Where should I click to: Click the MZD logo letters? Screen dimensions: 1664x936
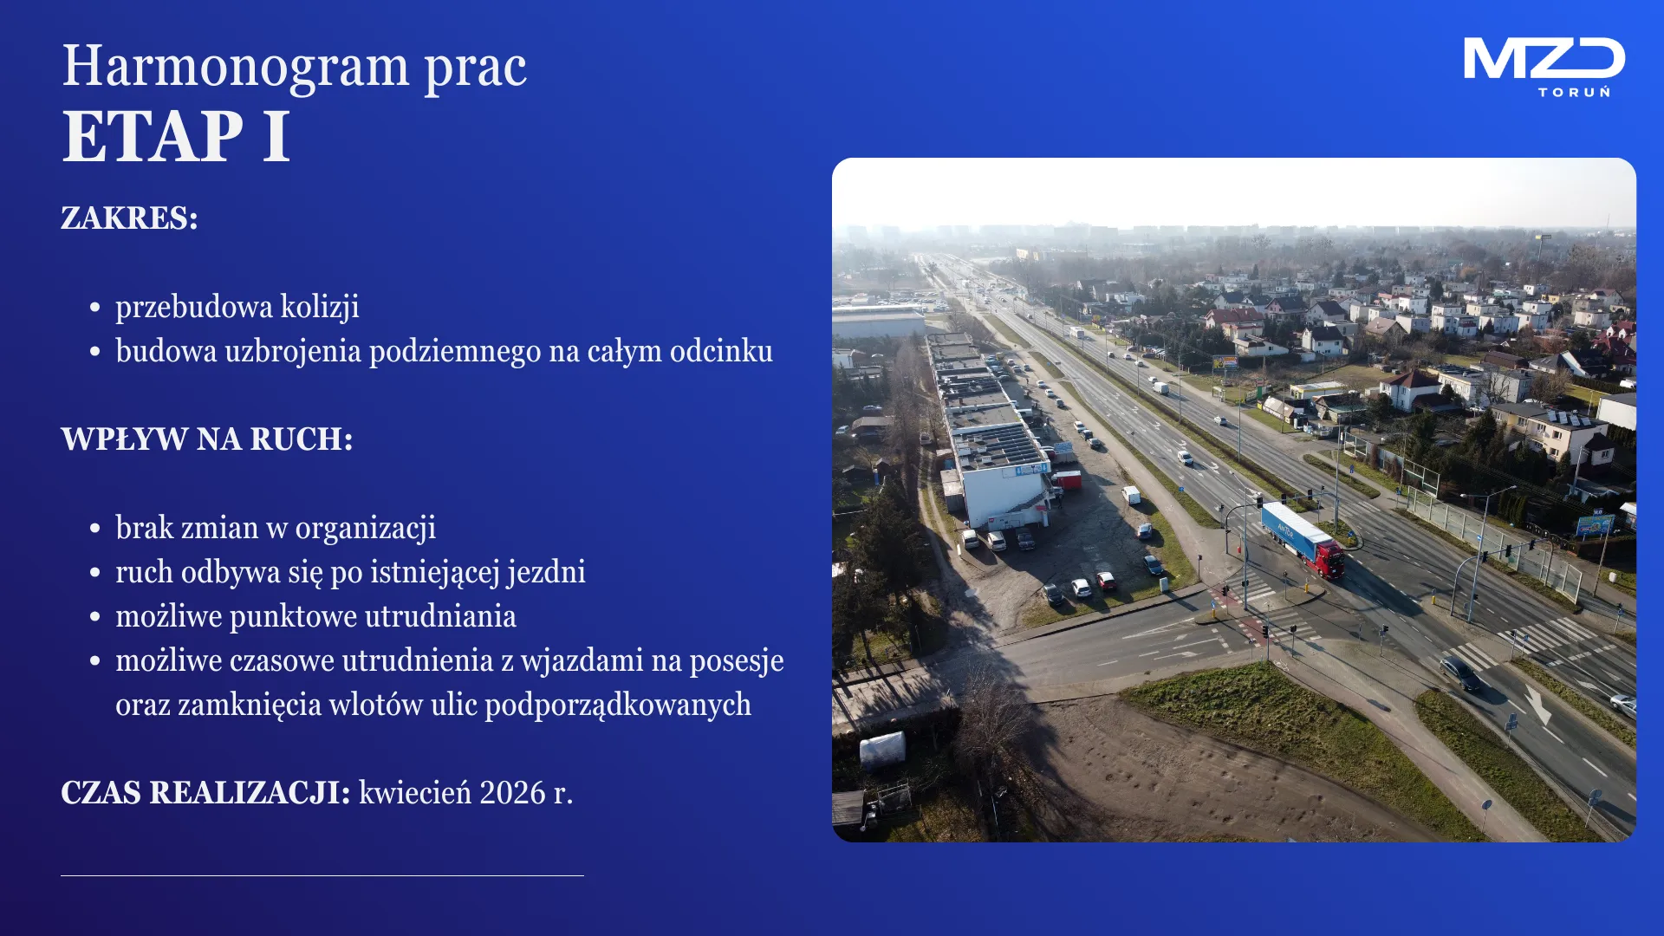pyautogui.click(x=1544, y=59)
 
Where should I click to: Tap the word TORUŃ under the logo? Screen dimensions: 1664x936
pyautogui.click(x=1575, y=91)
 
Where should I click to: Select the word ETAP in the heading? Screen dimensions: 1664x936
pyautogui.click(x=153, y=136)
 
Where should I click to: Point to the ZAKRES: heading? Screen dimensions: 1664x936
pyautogui.click(x=129, y=218)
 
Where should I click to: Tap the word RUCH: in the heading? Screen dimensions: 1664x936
pyautogui.click(x=302, y=439)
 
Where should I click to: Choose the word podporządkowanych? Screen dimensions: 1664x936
pyautogui.click(x=618, y=705)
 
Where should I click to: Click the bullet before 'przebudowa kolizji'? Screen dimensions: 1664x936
pyautogui.click(x=95, y=308)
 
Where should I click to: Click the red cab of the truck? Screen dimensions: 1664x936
pyautogui.click(x=1329, y=560)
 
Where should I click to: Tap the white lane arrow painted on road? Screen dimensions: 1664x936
pyautogui.click(x=1537, y=705)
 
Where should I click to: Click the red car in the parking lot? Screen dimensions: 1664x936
pyautogui.click(x=1105, y=580)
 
